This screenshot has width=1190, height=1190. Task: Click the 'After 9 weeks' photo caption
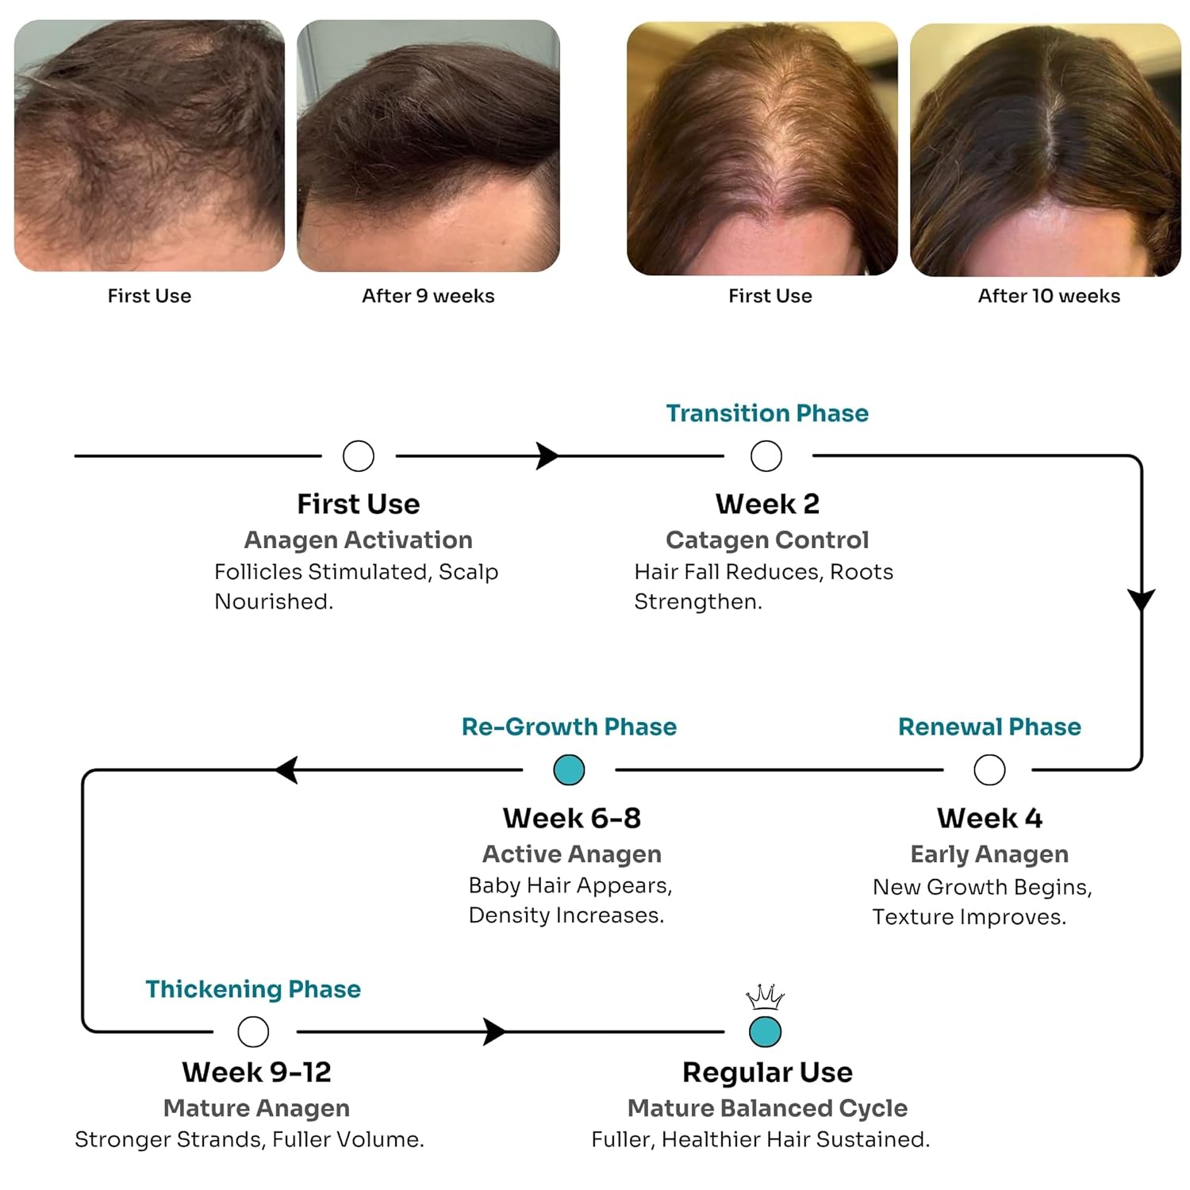(x=428, y=296)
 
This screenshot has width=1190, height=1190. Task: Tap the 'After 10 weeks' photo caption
(x=1049, y=296)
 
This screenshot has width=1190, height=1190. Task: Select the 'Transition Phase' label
(x=767, y=413)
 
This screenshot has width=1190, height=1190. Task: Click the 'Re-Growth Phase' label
(x=569, y=727)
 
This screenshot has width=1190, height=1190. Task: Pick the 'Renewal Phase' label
(x=989, y=727)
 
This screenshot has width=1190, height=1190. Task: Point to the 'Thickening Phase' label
(x=253, y=989)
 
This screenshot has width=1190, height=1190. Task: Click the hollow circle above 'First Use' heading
(x=359, y=456)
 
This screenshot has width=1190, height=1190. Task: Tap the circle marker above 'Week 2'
(x=766, y=456)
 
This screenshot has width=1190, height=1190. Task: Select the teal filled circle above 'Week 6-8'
(x=569, y=770)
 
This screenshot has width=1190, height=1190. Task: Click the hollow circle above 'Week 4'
(x=989, y=770)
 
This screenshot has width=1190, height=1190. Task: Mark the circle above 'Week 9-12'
(x=253, y=1031)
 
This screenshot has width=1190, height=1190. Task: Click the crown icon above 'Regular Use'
(x=765, y=997)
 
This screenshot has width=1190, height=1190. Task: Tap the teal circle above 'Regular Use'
(x=766, y=1031)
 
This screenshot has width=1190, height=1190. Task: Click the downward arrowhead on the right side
(x=1142, y=599)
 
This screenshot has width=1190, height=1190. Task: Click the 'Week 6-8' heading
(x=571, y=818)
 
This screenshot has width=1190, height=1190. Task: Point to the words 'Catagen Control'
(x=767, y=540)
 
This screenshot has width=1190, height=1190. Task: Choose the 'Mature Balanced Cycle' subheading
(x=767, y=1108)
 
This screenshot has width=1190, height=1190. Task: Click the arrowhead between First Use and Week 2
(x=547, y=456)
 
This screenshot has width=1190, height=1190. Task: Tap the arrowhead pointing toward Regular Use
(x=494, y=1031)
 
